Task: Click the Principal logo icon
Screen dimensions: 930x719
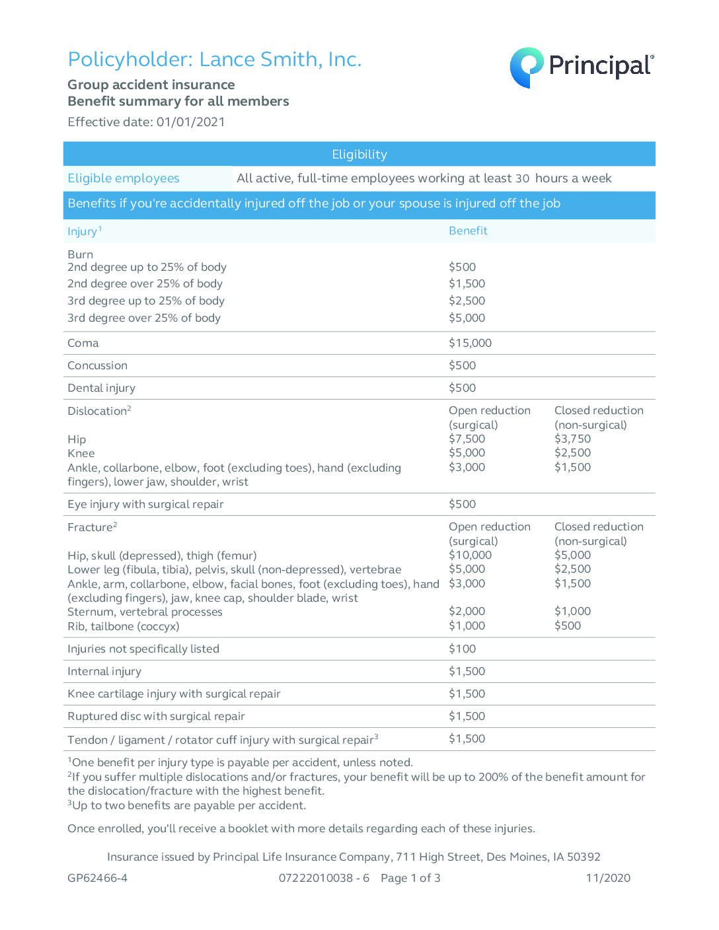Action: pos(526,67)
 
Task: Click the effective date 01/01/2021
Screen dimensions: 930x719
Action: pos(190,122)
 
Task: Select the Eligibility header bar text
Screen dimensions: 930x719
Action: pos(359,155)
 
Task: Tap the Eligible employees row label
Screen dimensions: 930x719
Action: pos(124,178)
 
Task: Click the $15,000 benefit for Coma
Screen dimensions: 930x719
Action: pos(470,343)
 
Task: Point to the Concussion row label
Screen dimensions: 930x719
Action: pos(97,365)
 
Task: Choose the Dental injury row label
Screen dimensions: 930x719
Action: pos(101,388)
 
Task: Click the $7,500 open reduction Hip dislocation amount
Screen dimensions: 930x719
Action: pos(467,439)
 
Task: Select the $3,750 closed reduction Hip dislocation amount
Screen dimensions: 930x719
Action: pos(572,439)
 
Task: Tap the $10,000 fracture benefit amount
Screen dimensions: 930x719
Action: pos(470,555)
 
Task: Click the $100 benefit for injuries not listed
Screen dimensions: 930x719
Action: pos(462,649)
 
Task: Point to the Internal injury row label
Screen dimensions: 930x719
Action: pos(104,671)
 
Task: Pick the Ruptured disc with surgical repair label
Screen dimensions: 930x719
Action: pos(156,716)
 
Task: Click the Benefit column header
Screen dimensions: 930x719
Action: pos(468,231)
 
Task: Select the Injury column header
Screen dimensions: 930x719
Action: pos(83,231)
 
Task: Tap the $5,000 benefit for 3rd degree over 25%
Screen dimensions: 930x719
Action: pos(467,318)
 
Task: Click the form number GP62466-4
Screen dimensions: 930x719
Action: pos(97,878)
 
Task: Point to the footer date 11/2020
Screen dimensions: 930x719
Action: pos(608,878)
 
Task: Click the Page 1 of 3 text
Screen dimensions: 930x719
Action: pos(410,878)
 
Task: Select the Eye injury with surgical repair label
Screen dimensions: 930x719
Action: pos(145,504)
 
